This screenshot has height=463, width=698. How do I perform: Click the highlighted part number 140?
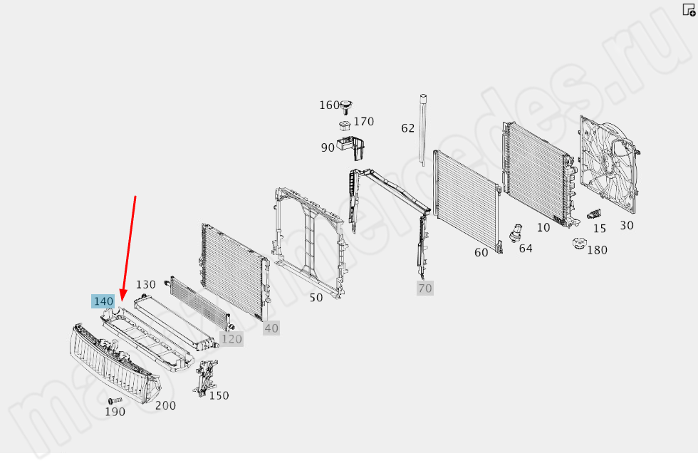(103, 301)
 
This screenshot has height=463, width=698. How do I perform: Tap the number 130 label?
(145, 284)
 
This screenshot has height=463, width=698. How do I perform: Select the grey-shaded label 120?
(231, 339)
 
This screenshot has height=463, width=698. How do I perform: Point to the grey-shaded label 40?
(271, 328)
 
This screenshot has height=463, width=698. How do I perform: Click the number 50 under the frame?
(316, 298)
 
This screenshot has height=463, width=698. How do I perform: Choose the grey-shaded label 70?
(425, 288)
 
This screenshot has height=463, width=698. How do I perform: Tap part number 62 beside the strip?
(407, 128)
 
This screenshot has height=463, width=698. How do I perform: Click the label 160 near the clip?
(329, 105)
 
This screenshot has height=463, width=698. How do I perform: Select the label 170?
(364, 122)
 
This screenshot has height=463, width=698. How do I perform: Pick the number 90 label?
(328, 148)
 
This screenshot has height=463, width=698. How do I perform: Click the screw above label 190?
(115, 401)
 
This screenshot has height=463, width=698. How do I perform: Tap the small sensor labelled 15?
(594, 214)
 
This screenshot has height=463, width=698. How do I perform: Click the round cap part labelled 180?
(579, 244)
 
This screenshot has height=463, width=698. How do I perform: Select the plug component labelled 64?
(516, 233)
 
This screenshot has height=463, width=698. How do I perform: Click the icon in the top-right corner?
(689, 10)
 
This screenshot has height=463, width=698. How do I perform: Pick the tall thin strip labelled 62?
(422, 130)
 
